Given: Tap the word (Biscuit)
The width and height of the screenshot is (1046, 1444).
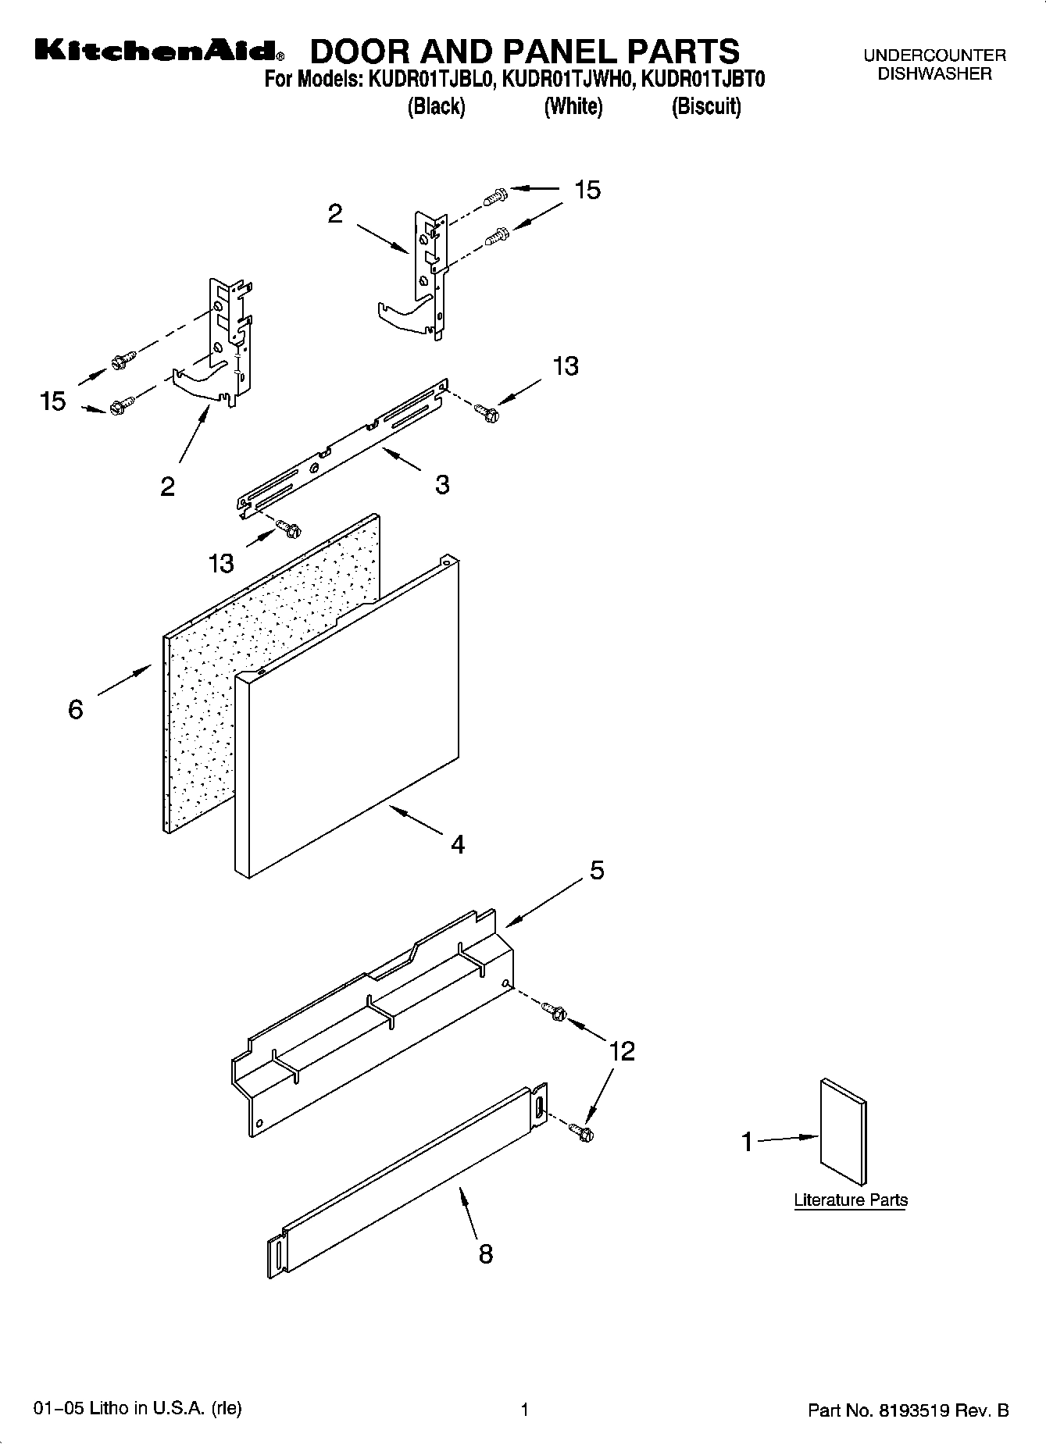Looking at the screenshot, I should tap(705, 106).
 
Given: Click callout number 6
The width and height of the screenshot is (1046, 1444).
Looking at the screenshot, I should tap(76, 709).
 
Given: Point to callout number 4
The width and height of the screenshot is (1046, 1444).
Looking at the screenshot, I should tap(458, 844).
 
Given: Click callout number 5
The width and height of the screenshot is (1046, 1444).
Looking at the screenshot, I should tap(597, 870).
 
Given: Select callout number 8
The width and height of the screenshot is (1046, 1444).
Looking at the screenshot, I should tap(485, 1254).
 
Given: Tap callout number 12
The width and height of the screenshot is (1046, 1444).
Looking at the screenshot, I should tap(622, 1050).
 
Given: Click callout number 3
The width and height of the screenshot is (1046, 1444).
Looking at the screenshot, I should tap(442, 485).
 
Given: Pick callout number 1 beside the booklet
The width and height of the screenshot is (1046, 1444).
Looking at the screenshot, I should tap(747, 1143).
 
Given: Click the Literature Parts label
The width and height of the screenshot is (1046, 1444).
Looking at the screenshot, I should tap(851, 1200).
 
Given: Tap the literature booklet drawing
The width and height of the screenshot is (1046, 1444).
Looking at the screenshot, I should tap(843, 1132).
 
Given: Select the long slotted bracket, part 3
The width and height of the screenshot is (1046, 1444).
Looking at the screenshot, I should tap(344, 449).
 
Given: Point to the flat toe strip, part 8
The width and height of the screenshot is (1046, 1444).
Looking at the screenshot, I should tap(406, 1187).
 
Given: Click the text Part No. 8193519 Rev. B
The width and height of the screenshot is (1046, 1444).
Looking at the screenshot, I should tap(908, 1410).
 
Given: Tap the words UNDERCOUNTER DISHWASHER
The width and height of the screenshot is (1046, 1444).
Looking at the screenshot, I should tap(934, 65).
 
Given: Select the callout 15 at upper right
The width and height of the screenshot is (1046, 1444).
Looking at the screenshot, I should tap(587, 190).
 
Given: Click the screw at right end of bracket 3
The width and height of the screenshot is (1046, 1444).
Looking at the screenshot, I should tap(487, 413).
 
